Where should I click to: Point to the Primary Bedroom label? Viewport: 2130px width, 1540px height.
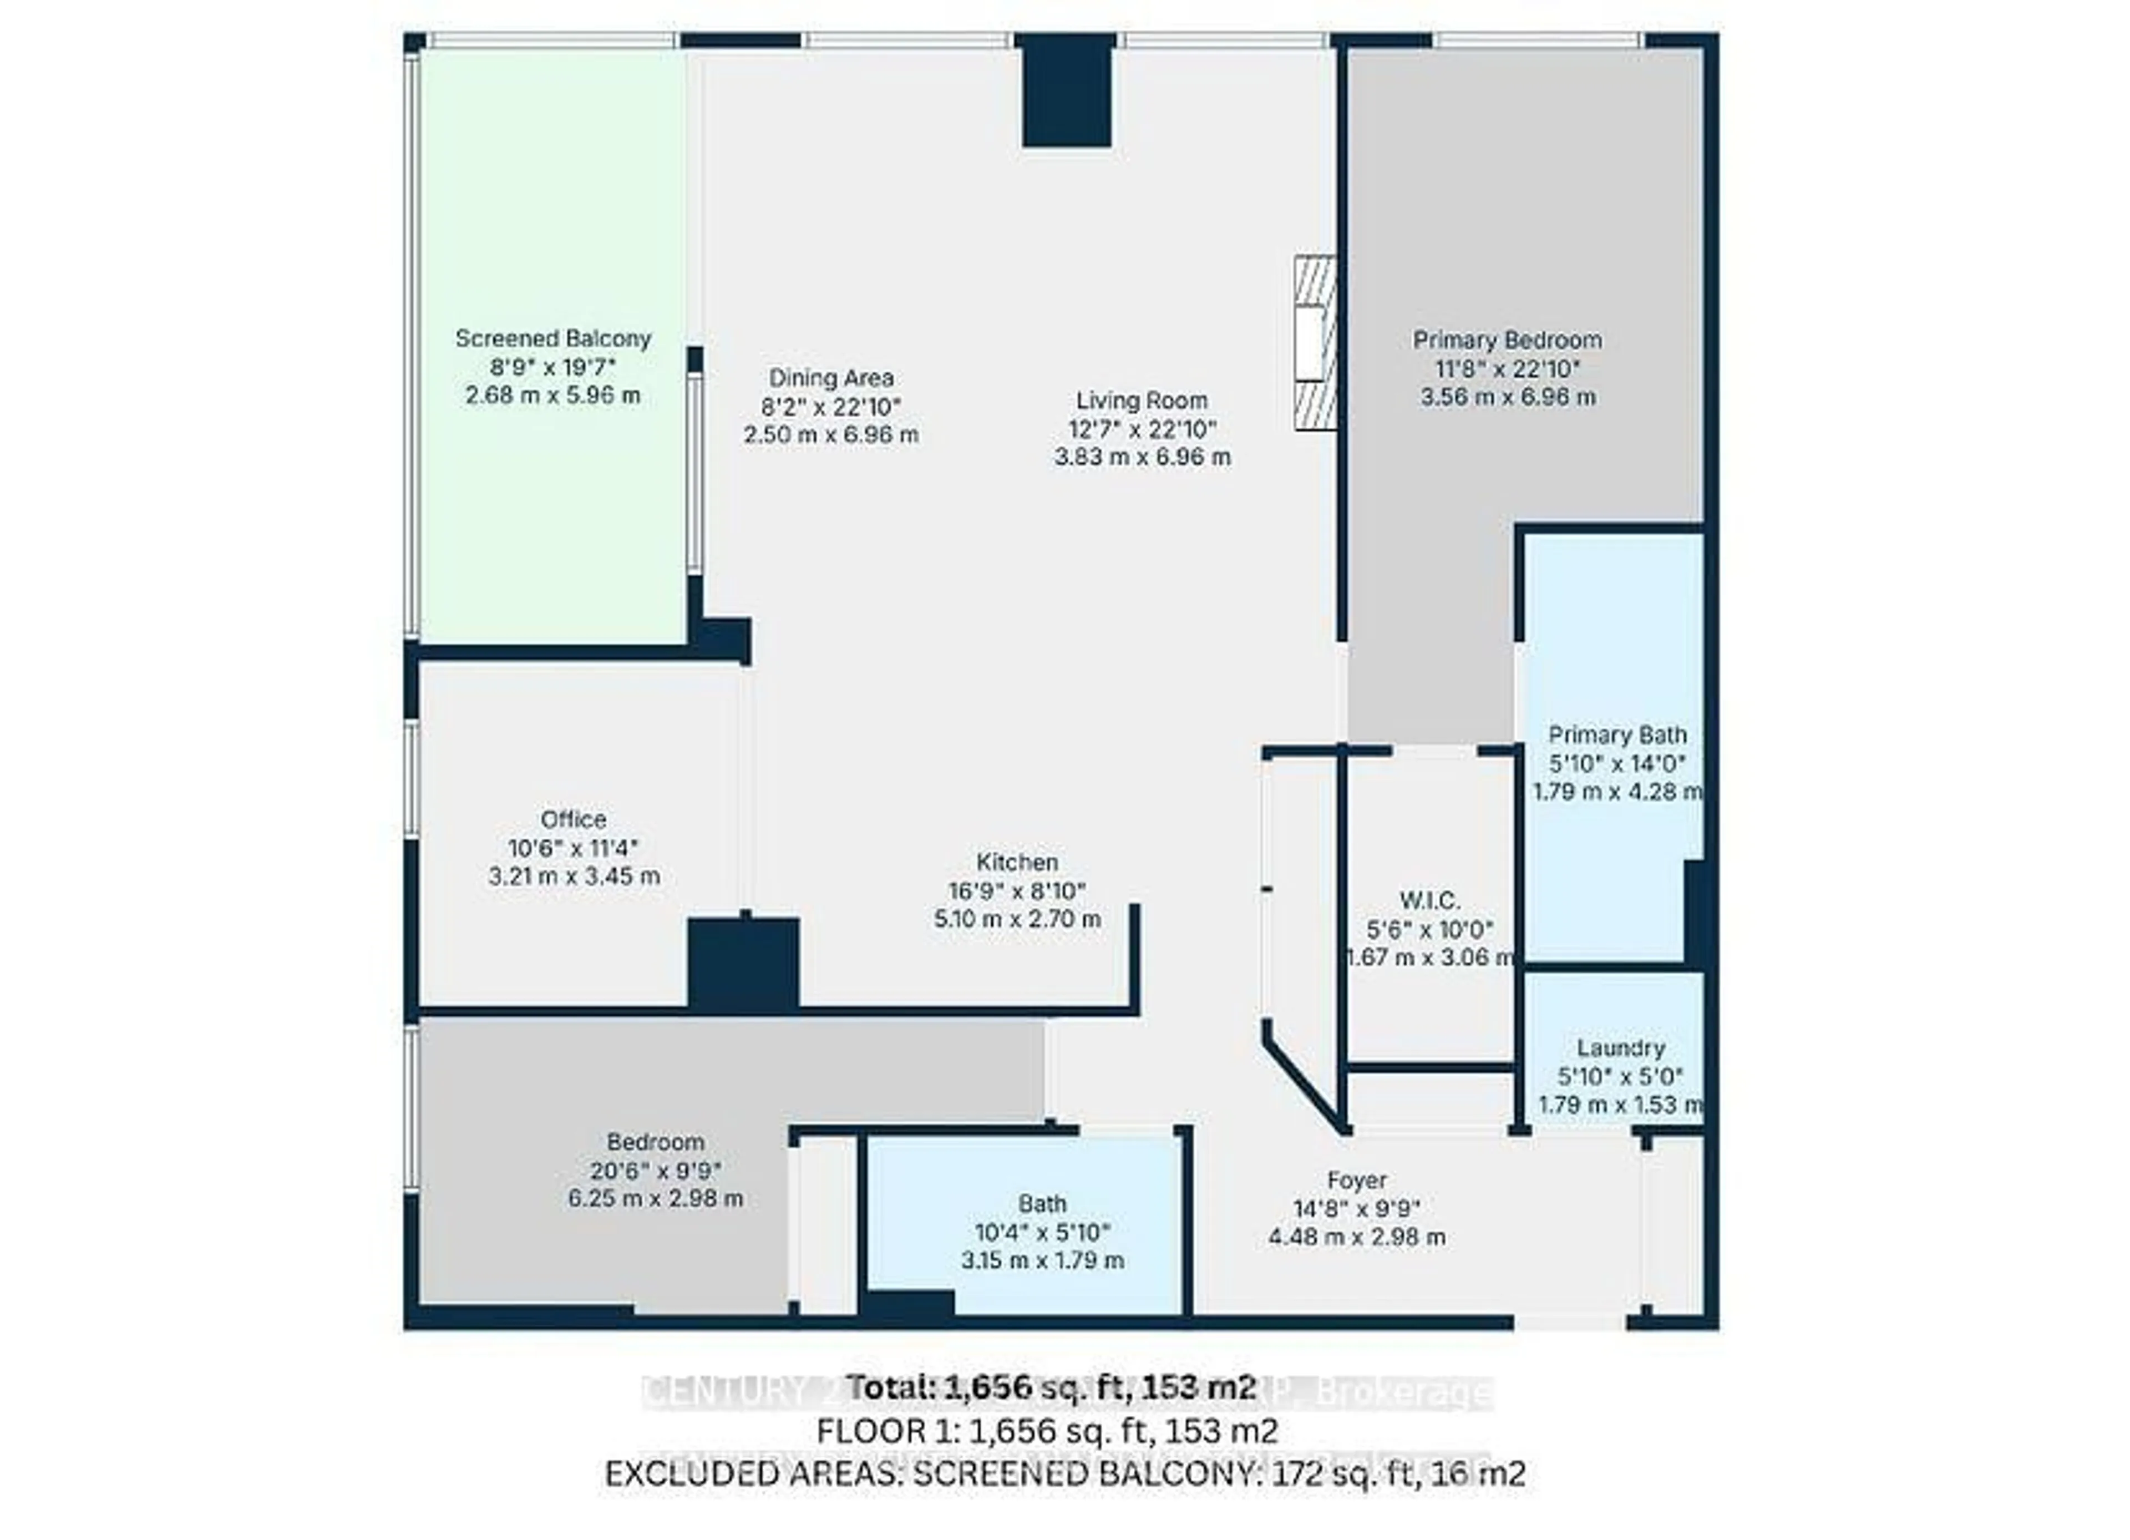click(x=1507, y=340)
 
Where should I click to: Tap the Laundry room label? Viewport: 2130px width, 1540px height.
click(x=1621, y=1048)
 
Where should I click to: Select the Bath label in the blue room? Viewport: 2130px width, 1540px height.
click(x=1042, y=1204)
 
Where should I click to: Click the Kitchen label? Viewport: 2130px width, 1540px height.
click(x=1017, y=862)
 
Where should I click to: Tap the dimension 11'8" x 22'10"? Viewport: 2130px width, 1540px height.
click(x=1507, y=368)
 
